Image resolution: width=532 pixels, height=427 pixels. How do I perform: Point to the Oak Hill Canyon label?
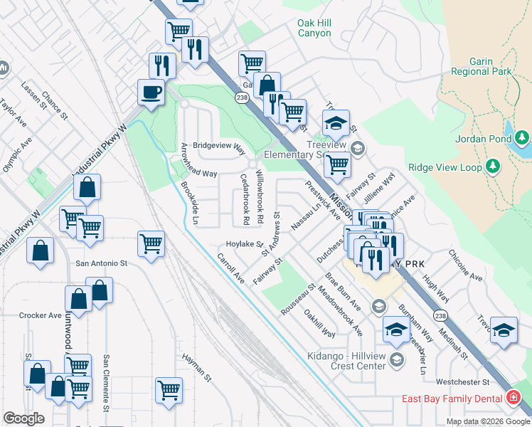point(314,28)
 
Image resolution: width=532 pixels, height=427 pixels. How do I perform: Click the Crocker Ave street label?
point(41,315)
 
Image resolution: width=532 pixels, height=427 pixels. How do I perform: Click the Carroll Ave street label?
point(230,268)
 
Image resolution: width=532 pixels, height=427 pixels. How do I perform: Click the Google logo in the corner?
point(23,418)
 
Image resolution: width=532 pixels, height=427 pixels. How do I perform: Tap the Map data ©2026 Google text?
point(487,421)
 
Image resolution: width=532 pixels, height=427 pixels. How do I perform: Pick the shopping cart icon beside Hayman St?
point(169,389)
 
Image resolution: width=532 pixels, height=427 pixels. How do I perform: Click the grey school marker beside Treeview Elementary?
point(358,149)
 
